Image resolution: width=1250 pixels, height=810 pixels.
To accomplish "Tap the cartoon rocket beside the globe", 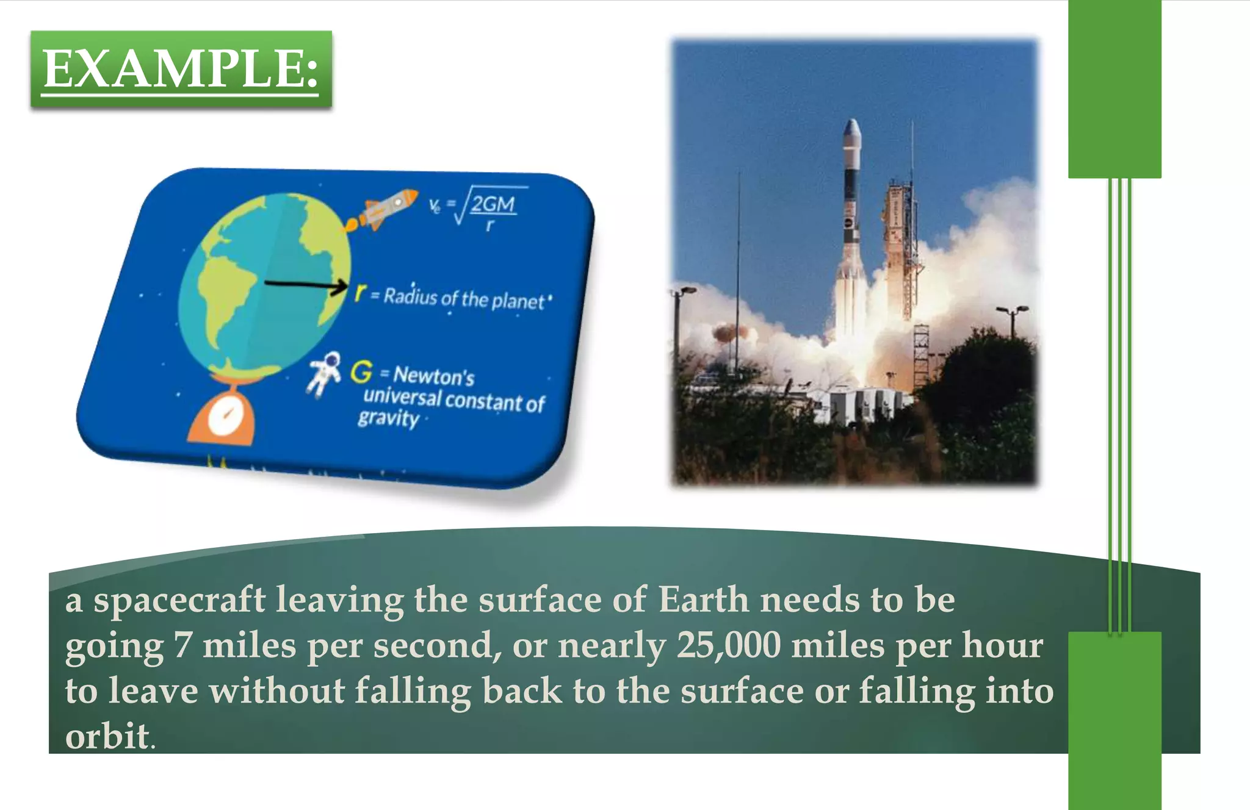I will [x=385, y=209].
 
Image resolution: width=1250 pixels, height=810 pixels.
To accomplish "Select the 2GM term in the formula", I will [x=493, y=204].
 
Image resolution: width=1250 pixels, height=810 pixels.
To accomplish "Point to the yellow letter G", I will [x=361, y=371].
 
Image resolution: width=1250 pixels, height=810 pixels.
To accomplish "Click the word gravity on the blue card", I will [x=388, y=418].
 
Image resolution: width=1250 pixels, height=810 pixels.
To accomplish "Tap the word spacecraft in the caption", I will [x=179, y=600].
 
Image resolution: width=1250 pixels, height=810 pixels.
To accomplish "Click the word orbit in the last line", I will [x=107, y=736].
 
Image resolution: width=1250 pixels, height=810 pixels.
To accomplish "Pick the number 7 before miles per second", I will [x=182, y=645].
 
